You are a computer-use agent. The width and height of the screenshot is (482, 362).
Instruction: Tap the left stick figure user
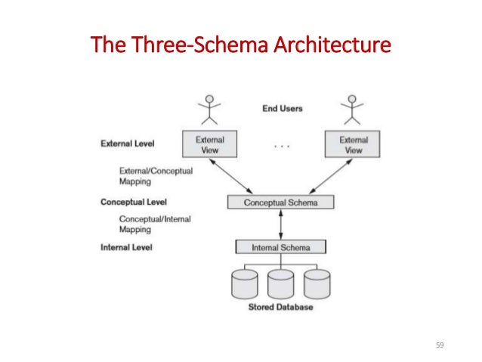point(210,109)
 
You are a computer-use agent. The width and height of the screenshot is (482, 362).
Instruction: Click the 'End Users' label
point(283,108)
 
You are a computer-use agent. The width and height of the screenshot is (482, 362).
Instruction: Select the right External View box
point(353,144)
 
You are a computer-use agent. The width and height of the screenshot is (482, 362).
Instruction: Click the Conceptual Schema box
point(281,203)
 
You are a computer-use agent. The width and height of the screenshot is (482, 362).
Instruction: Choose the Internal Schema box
point(281,247)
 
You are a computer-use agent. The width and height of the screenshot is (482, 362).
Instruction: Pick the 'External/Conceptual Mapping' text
point(156,176)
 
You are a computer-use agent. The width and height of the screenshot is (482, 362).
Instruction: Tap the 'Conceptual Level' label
point(133,203)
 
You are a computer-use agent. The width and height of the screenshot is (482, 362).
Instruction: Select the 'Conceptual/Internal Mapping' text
point(155,224)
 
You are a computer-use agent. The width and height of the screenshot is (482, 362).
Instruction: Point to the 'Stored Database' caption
point(281,308)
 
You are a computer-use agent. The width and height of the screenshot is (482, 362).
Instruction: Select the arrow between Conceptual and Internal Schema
point(281,224)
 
